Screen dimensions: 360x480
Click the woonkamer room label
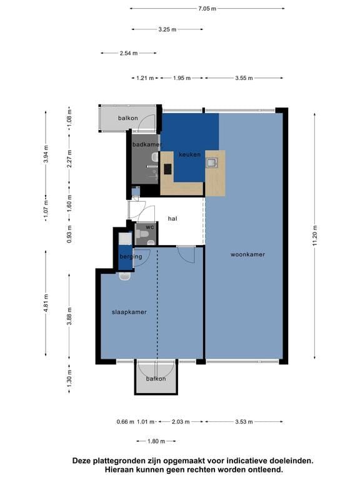point(247,254)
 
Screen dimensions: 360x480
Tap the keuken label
point(190,154)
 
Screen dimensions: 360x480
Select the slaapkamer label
point(129,312)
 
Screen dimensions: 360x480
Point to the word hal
point(172,219)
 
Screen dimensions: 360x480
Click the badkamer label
point(147,144)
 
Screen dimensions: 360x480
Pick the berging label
point(131,256)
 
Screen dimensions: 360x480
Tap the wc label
point(150,227)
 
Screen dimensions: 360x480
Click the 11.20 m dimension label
point(315,236)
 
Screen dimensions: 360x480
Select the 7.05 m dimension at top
point(207,9)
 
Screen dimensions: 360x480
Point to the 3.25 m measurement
point(167,29)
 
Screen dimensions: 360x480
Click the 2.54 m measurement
point(129,53)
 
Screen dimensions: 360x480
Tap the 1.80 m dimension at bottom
point(156,441)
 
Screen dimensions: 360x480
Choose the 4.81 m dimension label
point(46,303)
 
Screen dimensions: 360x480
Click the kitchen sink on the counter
point(212,163)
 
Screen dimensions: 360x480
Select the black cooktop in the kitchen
point(167,169)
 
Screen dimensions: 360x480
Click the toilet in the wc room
point(142,234)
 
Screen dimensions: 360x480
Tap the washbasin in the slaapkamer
point(125,276)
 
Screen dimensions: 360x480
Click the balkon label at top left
point(128,118)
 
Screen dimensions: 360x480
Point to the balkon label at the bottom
point(156,379)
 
